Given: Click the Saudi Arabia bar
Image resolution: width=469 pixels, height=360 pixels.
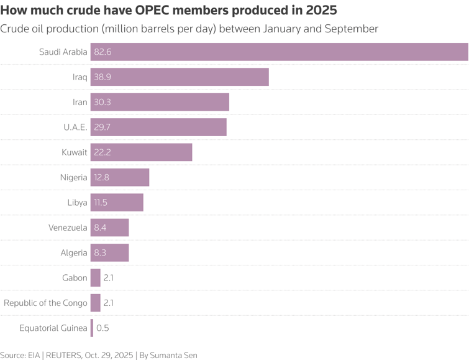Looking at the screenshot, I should [280, 52].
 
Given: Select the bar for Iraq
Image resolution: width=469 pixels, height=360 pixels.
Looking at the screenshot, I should [180, 77].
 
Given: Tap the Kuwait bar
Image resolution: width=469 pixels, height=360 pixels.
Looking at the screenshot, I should [141, 152].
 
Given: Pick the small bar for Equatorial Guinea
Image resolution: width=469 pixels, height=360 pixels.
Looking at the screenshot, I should [92, 328].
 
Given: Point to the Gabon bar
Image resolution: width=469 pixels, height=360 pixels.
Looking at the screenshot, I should [95, 278].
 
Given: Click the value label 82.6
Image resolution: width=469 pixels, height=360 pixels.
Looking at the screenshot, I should [102, 52].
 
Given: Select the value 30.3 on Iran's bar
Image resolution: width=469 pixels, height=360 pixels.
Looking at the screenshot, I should [102, 103].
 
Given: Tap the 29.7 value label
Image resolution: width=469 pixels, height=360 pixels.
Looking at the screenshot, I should [102, 127].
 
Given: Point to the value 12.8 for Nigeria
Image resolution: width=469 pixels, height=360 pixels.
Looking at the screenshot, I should [102, 178].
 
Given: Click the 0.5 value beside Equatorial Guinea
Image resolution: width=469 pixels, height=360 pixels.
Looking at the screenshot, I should [102, 328].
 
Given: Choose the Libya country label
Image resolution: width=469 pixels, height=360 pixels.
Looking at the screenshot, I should [77, 203].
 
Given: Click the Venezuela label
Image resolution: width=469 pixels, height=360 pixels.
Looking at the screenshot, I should [68, 228].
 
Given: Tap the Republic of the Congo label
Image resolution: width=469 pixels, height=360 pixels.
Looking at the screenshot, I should [45, 303].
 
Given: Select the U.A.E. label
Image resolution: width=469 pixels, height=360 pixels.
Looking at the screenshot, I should [75, 127].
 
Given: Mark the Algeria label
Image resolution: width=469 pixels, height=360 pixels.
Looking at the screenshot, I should [74, 253].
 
